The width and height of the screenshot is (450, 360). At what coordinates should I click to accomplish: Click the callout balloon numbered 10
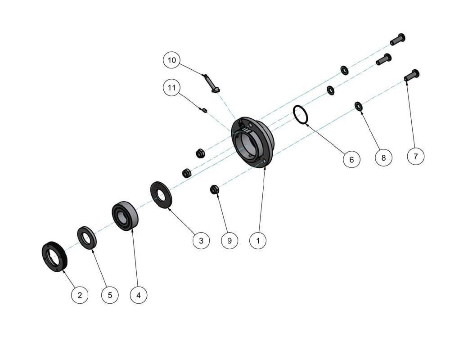(x=171, y=60)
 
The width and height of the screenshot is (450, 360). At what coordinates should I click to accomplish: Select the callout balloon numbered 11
(x=171, y=87)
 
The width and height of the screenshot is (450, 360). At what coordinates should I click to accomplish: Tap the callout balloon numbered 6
(x=351, y=159)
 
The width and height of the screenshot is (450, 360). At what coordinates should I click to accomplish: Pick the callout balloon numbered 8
(x=384, y=157)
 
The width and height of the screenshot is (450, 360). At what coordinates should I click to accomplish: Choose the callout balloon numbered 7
(x=415, y=156)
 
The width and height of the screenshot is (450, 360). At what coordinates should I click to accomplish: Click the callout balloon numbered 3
(x=201, y=241)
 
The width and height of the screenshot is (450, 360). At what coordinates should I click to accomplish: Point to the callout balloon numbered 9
(x=229, y=241)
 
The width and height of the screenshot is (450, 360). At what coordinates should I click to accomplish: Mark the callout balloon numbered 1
(x=258, y=241)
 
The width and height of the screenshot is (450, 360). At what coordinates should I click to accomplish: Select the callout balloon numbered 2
(x=80, y=295)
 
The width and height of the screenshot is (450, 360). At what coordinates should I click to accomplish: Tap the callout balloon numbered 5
(x=110, y=295)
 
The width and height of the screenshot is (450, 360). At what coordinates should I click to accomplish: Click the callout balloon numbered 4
(x=139, y=295)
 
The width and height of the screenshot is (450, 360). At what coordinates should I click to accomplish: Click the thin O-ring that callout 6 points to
(x=295, y=112)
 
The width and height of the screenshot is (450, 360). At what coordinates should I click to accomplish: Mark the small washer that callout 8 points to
(x=359, y=106)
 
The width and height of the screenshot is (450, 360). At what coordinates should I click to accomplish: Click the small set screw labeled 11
(x=203, y=110)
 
